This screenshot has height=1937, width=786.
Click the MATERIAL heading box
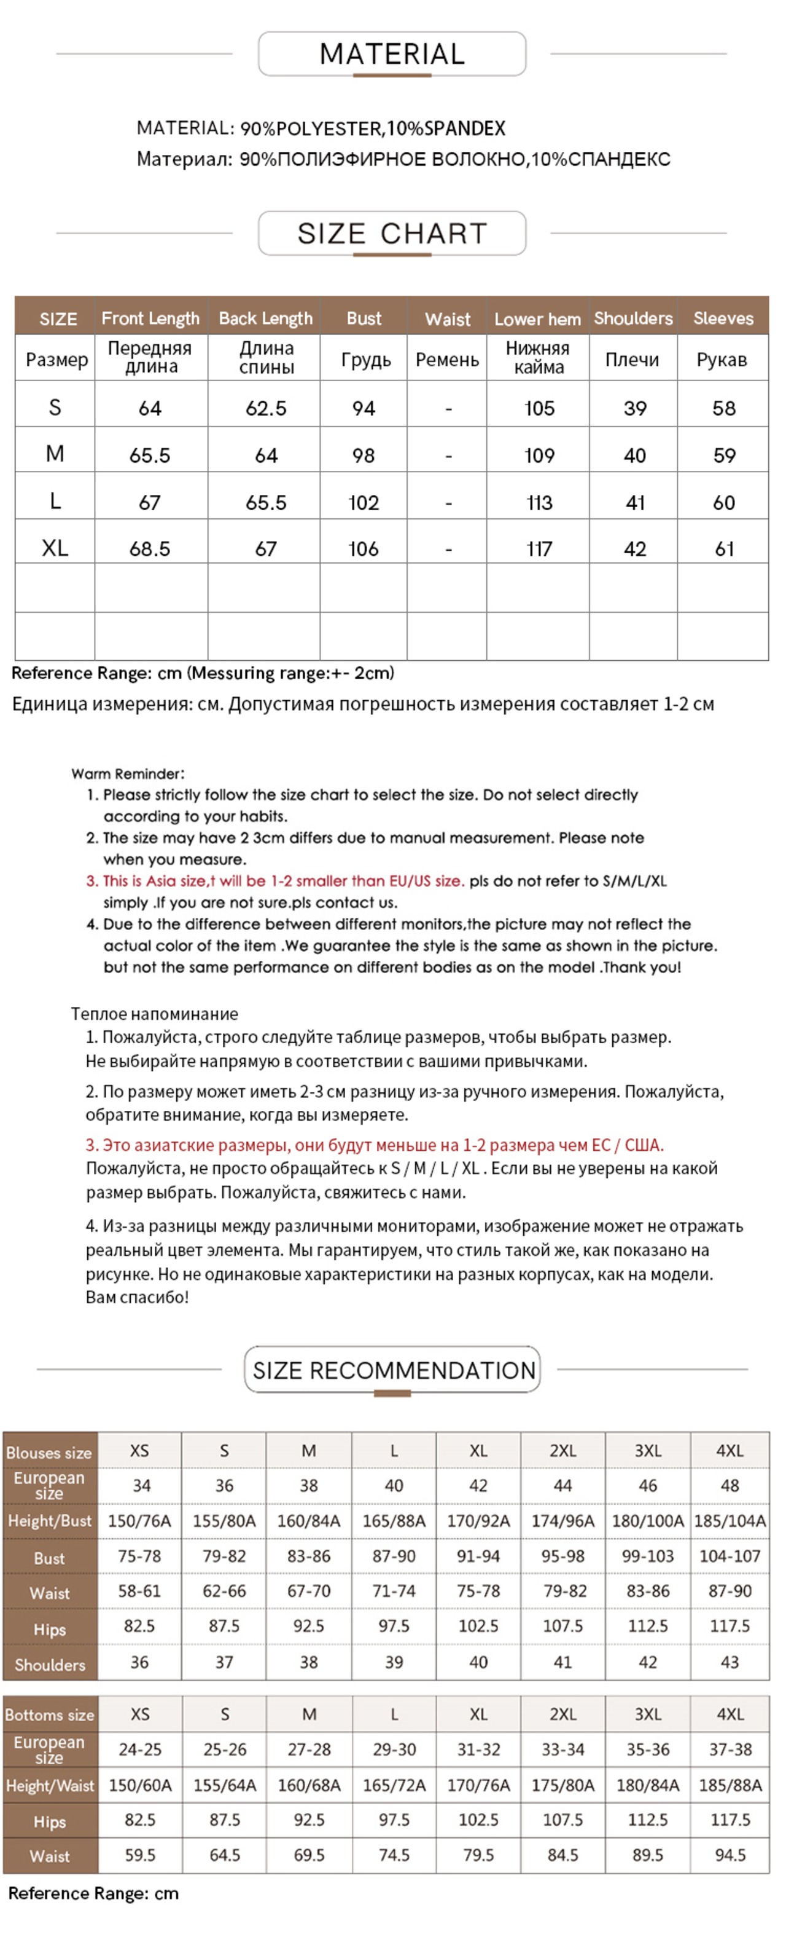pos(392,54)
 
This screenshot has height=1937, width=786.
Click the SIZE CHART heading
pos(392,234)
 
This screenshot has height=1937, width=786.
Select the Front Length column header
pos(150,319)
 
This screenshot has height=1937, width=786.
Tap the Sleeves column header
pos(722,319)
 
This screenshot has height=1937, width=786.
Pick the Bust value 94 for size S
pos(364,408)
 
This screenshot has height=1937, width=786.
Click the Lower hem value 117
pos(538,549)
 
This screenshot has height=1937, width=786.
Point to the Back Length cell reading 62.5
pos(266,408)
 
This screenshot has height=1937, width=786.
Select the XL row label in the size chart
pos(55,548)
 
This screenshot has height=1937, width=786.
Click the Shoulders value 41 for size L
pos(635,502)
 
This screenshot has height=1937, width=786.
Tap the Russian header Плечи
pos(632,360)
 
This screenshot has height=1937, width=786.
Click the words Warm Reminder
pos(128,774)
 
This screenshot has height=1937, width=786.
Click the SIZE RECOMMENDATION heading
pos(393,1370)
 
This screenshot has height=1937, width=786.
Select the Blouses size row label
pos(50,1453)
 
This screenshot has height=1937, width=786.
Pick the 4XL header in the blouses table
pos(729,1451)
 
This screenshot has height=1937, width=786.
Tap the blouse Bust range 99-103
pos(647,1556)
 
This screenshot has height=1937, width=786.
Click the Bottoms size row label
pos(50,1714)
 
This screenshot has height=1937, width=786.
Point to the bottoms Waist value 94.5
pos(730,1855)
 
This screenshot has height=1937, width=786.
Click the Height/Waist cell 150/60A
pos(140,1785)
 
